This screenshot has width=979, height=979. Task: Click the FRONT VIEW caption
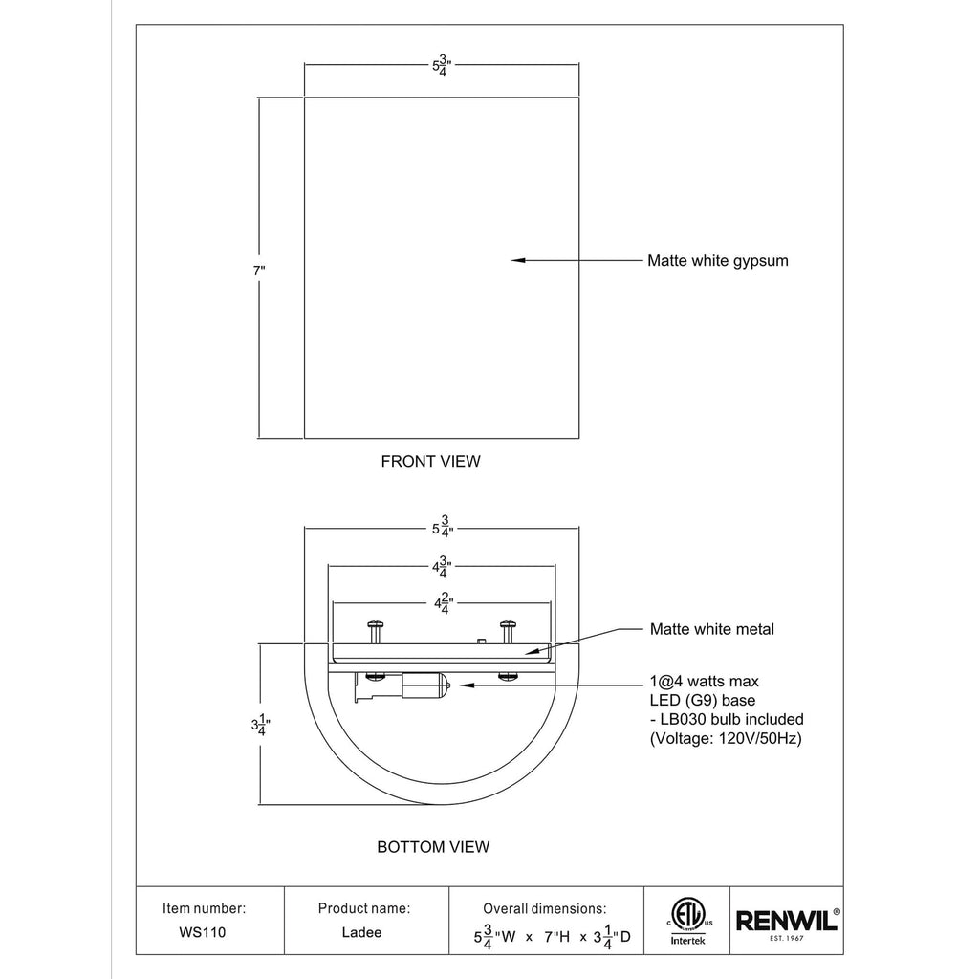[x=431, y=462]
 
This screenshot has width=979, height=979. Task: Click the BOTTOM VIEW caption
[x=433, y=847]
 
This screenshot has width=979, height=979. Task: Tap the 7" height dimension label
[x=259, y=271]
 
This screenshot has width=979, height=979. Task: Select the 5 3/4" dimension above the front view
[x=442, y=66]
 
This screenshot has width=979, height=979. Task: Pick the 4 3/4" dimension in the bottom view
[x=442, y=567]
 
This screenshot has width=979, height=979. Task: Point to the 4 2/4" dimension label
[x=444, y=604]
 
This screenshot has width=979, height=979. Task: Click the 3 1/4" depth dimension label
[x=261, y=725]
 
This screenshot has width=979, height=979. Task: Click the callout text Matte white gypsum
[x=718, y=261]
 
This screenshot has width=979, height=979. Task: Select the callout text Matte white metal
[x=711, y=629]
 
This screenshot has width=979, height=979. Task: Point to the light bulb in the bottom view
[x=425, y=685]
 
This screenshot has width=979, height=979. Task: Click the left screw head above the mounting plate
[x=375, y=623]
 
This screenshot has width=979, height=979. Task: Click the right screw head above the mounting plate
[x=507, y=623]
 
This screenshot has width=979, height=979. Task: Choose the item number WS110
[x=203, y=932]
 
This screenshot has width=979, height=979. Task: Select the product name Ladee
[x=361, y=932]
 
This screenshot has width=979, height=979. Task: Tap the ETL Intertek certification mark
[x=687, y=921]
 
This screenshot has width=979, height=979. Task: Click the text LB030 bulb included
[x=731, y=719]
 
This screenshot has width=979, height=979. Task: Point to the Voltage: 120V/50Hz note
[x=726, y=739]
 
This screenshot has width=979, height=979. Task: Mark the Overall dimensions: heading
[x=544, y=908]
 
